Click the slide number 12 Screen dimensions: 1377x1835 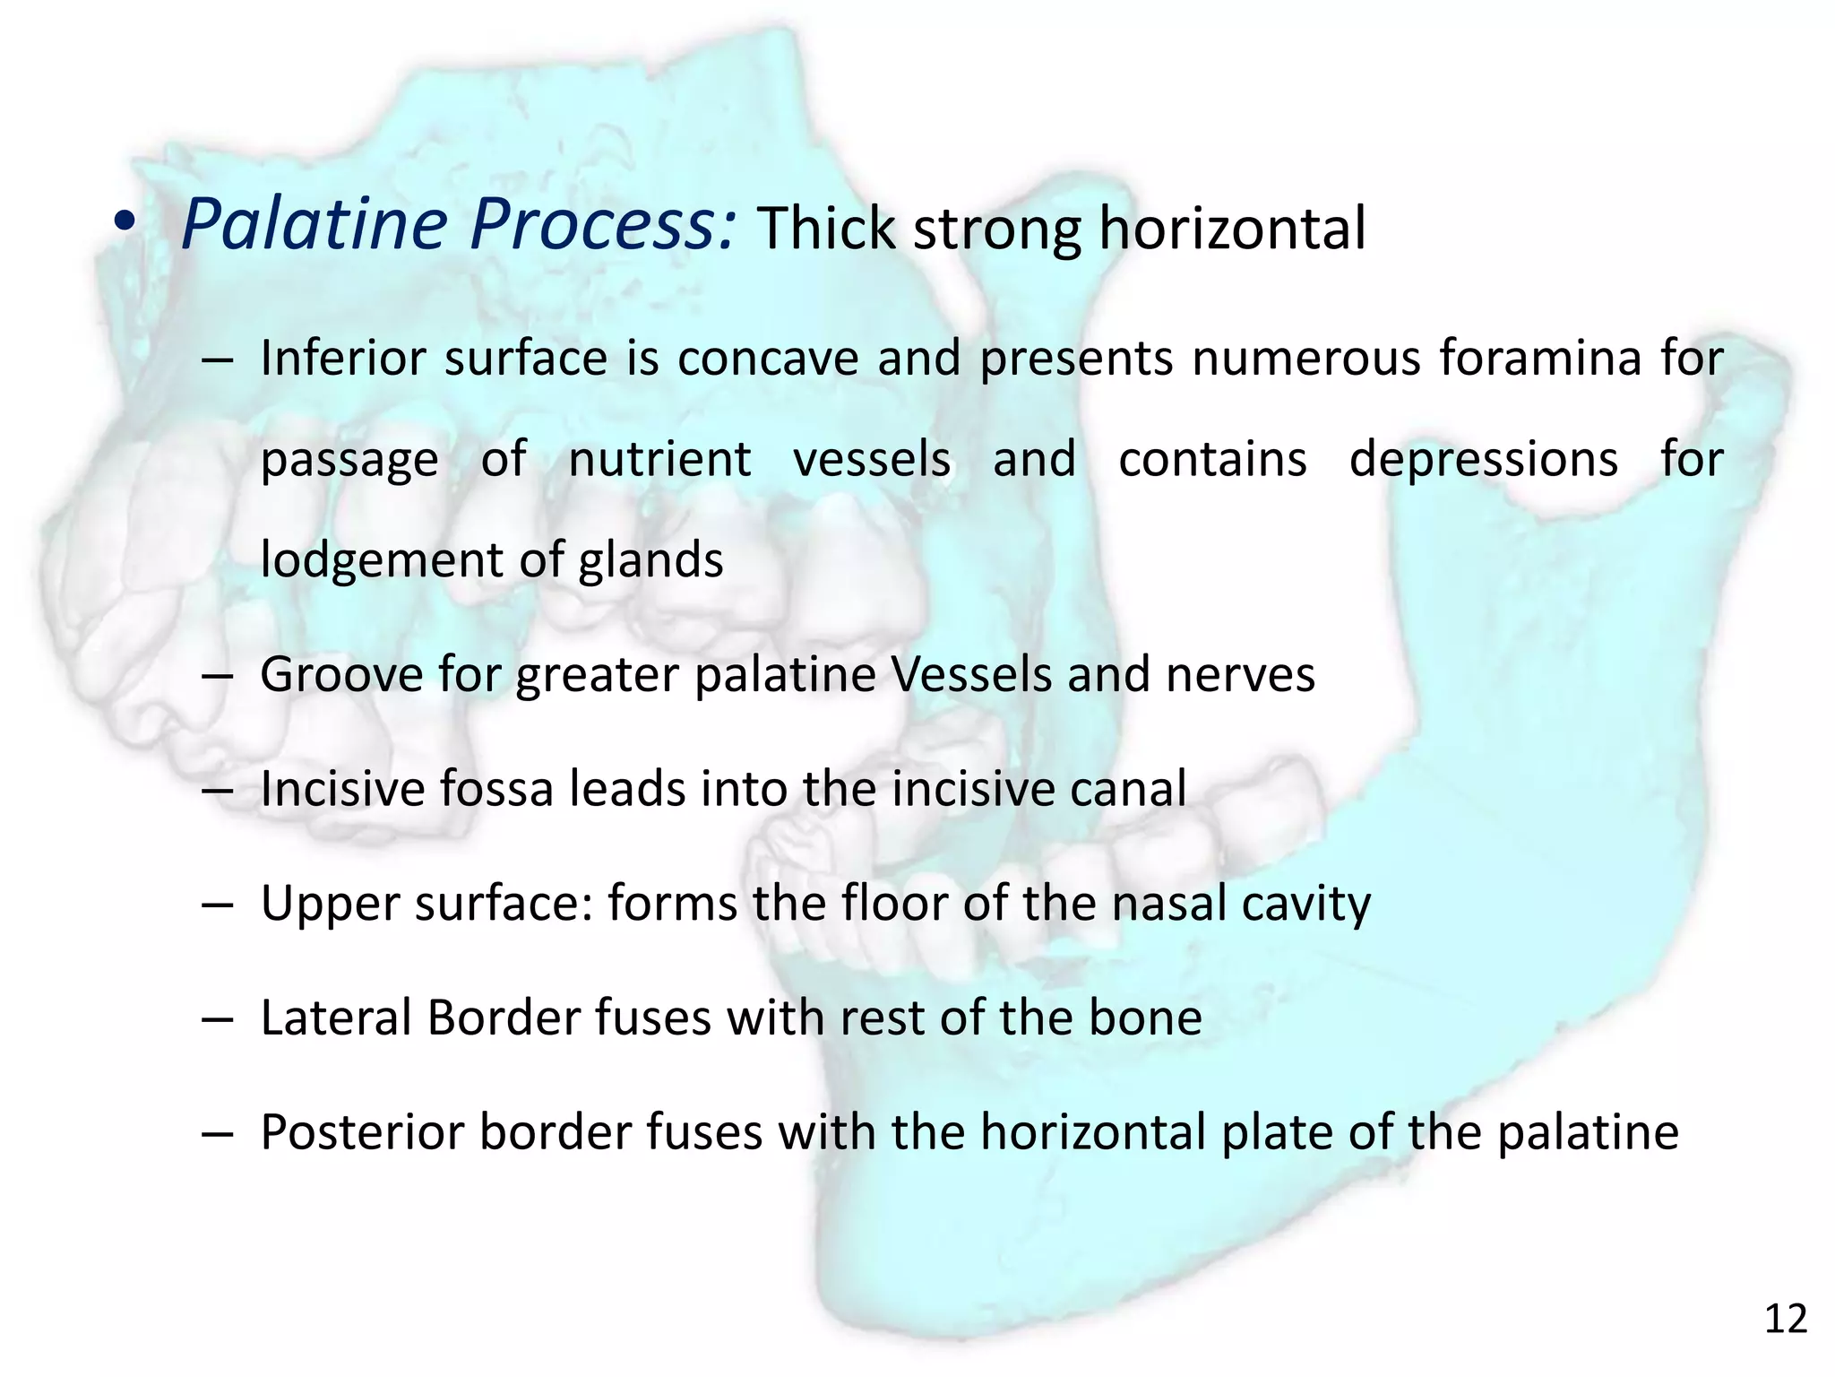(x=1785, y=1320)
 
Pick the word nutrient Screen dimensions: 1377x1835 (x=659, y=459)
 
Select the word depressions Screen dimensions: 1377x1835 (x=1483, y=459)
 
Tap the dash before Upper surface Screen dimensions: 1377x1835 (x=218, y=905)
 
